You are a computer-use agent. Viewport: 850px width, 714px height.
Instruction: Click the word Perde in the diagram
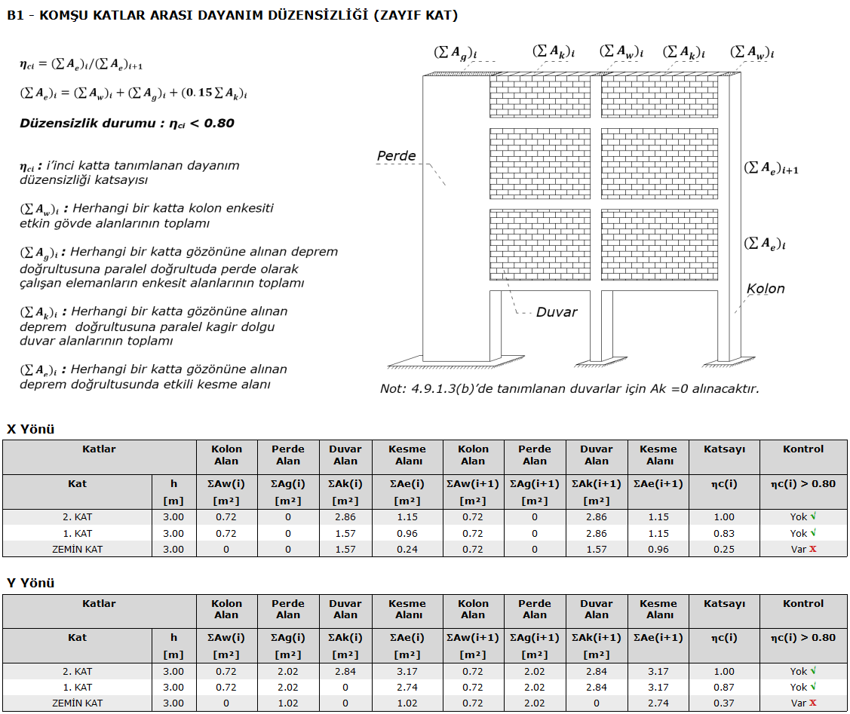tap(396, 156)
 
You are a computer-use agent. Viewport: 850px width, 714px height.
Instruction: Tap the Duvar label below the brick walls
tap(557, 312)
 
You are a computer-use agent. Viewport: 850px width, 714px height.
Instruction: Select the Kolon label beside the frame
tap(766, 289)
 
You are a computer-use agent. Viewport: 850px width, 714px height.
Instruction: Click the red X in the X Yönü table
tap(813, 549)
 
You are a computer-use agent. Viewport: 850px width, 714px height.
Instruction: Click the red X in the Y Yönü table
tap(813, 703)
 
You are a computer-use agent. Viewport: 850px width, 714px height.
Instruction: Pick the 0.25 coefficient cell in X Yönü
tap(724, 549)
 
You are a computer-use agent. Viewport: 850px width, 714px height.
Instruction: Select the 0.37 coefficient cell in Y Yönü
tap(724, 703)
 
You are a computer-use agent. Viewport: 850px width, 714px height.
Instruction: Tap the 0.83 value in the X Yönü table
tap(724, 533)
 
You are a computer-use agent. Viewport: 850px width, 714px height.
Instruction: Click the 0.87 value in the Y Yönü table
tap(724, 688)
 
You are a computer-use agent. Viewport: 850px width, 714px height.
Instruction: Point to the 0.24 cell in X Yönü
tap(407, 549)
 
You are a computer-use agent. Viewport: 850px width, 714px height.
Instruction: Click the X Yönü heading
tap(31, 429)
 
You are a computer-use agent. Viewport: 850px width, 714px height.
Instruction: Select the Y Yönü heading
tap(31, 583)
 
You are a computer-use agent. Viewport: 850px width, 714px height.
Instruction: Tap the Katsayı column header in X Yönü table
tap(724, 449)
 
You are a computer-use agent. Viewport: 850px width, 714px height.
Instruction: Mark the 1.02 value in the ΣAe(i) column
tap(407, 703)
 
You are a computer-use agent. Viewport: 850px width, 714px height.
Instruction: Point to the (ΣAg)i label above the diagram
tap(456, 53)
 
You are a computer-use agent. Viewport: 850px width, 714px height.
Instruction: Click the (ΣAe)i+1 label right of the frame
tap(771, 168)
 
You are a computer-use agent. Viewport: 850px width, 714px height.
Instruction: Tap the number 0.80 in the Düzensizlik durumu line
tap(219, 123)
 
